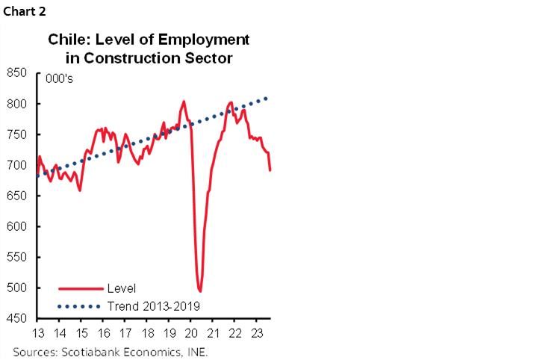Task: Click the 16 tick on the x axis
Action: click(105, 333)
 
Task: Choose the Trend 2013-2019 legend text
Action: click(153, 305)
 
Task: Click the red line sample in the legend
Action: click(80, 288)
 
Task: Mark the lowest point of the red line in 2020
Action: click(199, 291)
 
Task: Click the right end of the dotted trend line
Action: click(267, 98)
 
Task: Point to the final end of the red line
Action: click(270, 170)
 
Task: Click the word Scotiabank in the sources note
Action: click(85, 350)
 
